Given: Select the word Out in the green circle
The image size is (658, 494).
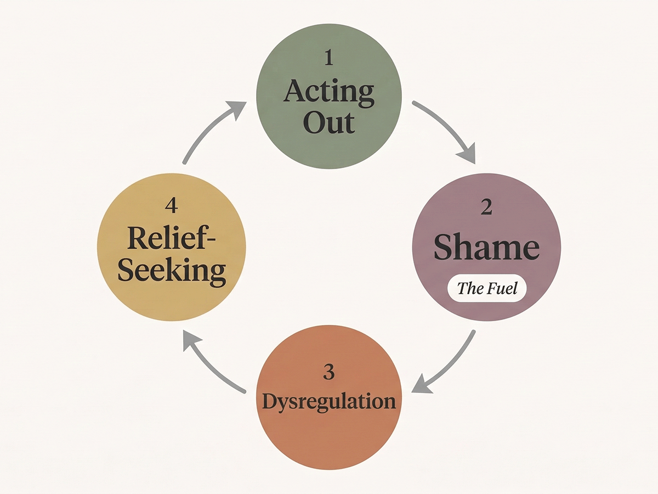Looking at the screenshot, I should click(x=329, y=123).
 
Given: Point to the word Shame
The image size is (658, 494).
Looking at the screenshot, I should click(x=487, y=248).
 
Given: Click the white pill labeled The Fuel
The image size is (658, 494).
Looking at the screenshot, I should click(x=487, y=288).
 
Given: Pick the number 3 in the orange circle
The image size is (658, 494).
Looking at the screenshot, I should click(x=328, y=372).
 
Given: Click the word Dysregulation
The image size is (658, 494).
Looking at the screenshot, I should click(x=329, y=401).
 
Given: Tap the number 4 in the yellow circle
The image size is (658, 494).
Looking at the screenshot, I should click(x=171, y=206).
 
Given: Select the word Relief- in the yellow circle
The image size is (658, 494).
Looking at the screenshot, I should click(x=171, y=239).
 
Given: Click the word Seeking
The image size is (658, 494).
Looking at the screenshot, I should click(x=171, y=271).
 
